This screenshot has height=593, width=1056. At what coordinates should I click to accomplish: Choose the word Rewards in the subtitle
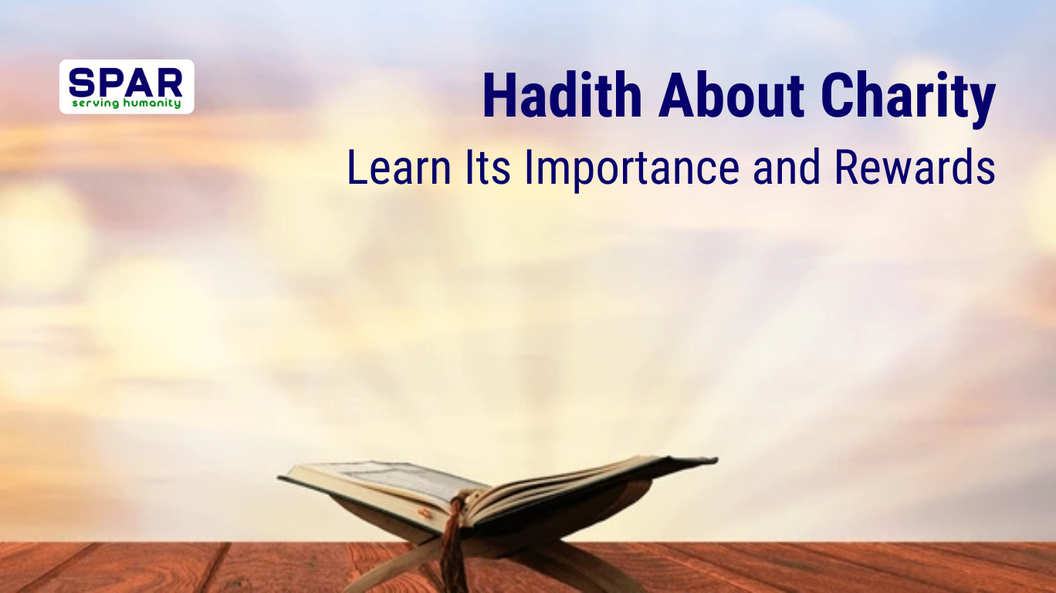pos(915,167)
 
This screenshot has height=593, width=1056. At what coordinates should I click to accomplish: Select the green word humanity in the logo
pos(152,103)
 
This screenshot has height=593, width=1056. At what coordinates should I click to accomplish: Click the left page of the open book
pos(386,478)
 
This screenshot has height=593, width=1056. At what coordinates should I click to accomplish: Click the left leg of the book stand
pos(386,571)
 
